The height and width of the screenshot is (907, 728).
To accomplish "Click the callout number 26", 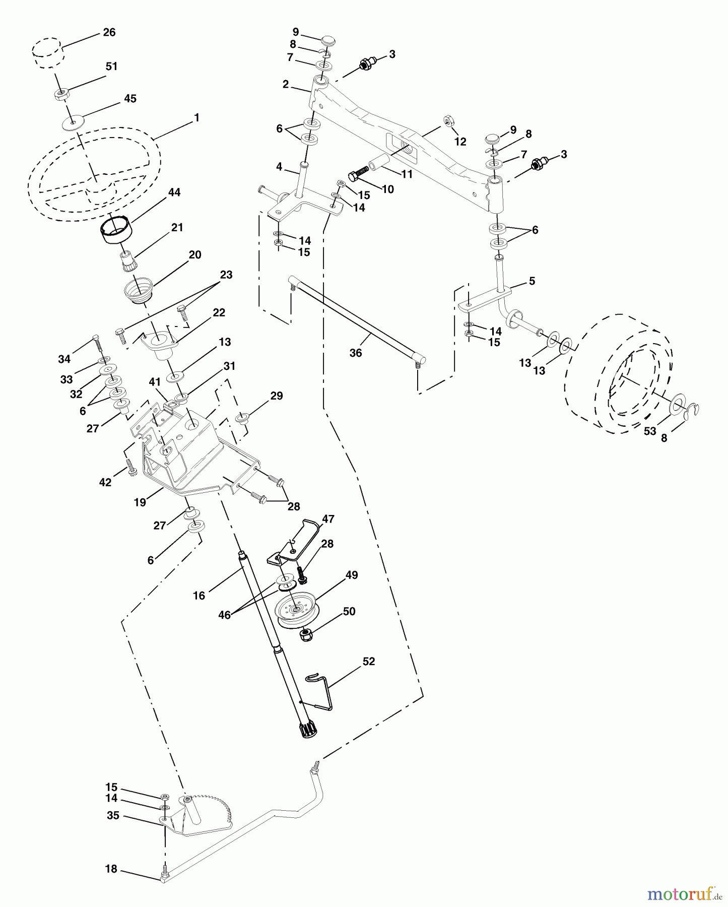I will pyautogui.click(x=109, y=32).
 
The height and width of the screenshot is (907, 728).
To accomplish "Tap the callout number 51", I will pyautogui.click(x=111, y=67).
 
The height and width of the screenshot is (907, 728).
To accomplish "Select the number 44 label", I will pyautogui.click(x=174, y=192).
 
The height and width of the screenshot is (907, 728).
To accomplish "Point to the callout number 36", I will pyautogui.click(x=356, y=353).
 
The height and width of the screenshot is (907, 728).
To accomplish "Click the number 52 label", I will pyautogui.click(x=369, y=661).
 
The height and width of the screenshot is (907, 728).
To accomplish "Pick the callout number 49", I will pyautogui.click(x=352, y=575).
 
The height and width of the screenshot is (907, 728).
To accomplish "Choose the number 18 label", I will pyautogui.click(x=111, y=869).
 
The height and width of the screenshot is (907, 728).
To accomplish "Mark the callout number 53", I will pyautogui.click(x=650, y=431).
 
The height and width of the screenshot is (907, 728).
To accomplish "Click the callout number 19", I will pyautogui.click(x=140, y=502).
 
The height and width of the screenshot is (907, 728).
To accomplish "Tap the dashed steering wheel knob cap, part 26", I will pyautogui.click(x=47, y=50).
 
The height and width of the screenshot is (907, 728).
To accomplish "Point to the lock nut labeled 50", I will pyautogui.click(x=305, y=635).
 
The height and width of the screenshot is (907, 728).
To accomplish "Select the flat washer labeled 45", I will pyautogui.click(x=74, y=121).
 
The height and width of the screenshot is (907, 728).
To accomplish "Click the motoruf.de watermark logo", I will pyautogui.click(x=685, y=894).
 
